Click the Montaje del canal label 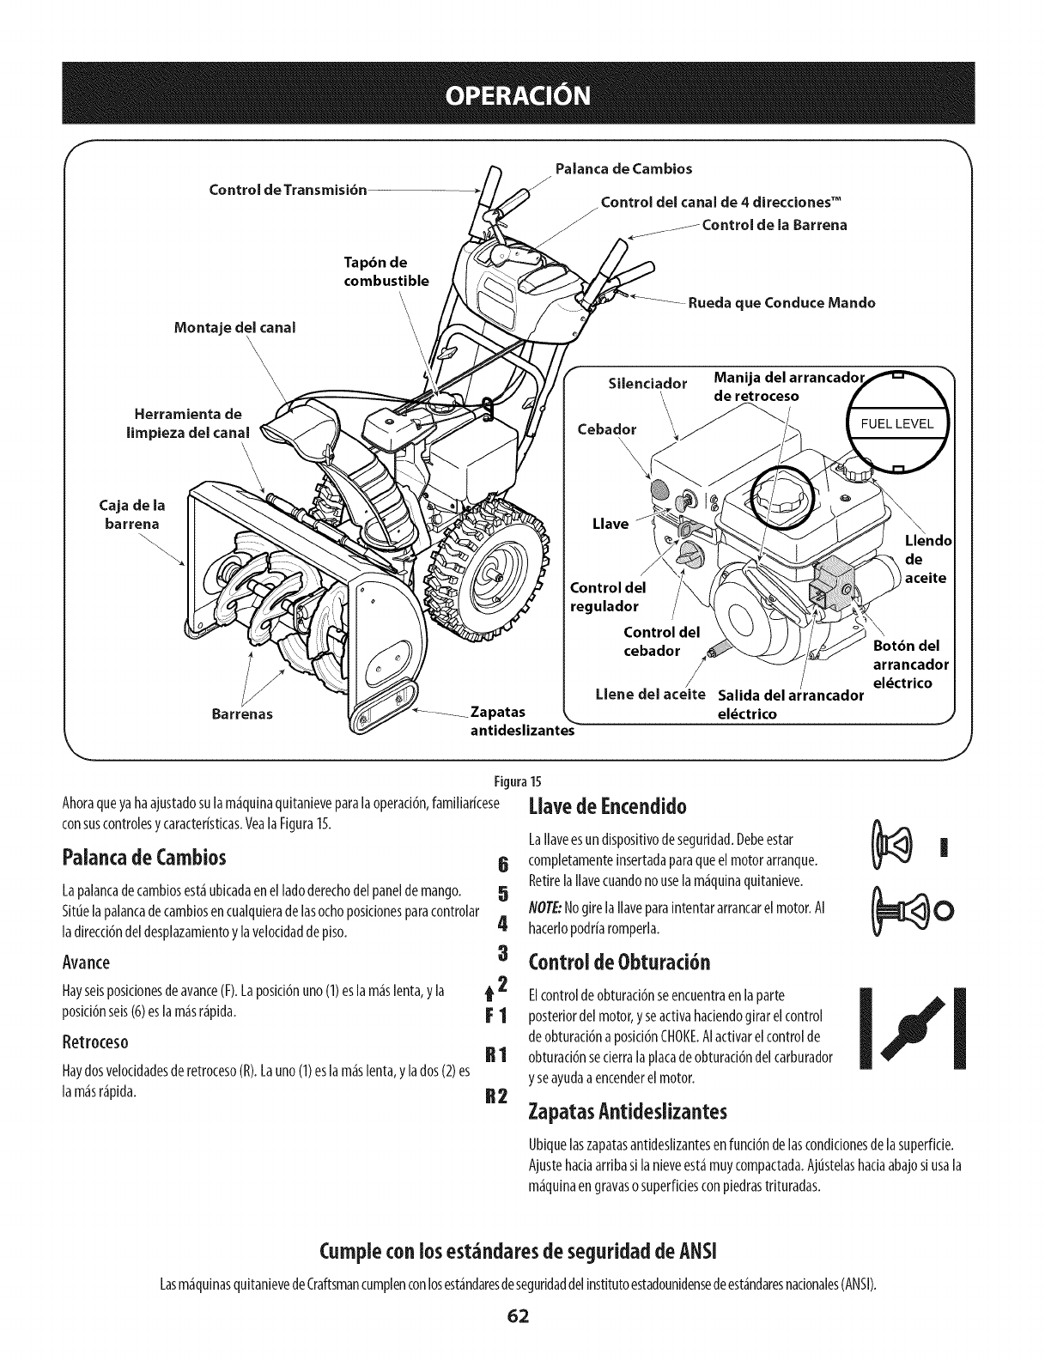[237, 327]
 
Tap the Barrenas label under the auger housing [243, 714]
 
